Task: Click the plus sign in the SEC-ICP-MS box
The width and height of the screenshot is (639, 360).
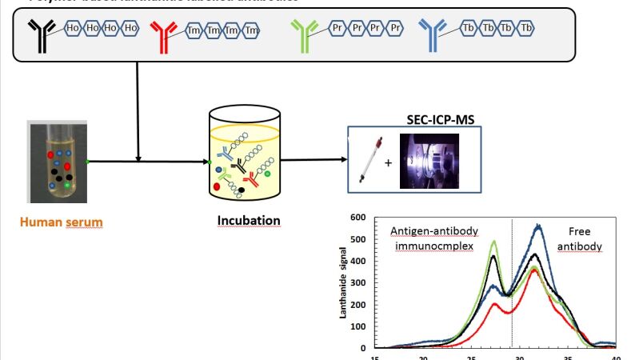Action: click(388, 162)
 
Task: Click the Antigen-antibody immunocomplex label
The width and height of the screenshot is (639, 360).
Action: click(434, 238)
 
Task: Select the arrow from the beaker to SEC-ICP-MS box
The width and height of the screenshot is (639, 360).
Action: click(314, 159)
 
